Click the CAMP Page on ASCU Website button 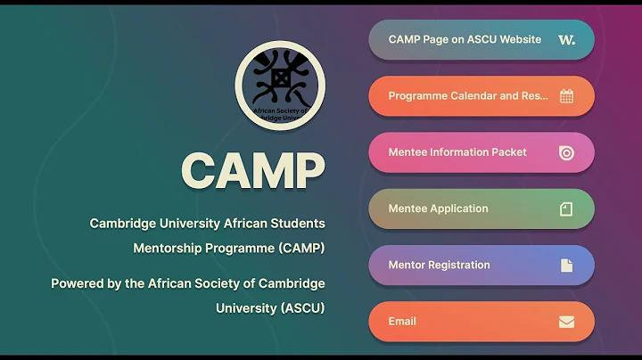(x=481, y=40)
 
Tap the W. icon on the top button (x=567, y=40)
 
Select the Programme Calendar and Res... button (x=481, y=96)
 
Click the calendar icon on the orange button (x=567, y=96)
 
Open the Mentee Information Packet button (x=481, y=152)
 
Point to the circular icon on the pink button (x=567, y=153)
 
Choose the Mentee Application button (x=481, y=209)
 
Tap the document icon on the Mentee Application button (x=566, y=209)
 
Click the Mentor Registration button (x=481, y=266)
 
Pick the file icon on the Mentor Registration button (x=567, y=266)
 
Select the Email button (x=481, y=322)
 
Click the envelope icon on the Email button (x=567, y=322)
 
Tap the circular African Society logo (x=281, y=86)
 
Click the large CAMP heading (x=253, y=170)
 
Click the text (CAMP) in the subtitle (x=301, y=249)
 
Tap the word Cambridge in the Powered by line (x=292, y=283)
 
